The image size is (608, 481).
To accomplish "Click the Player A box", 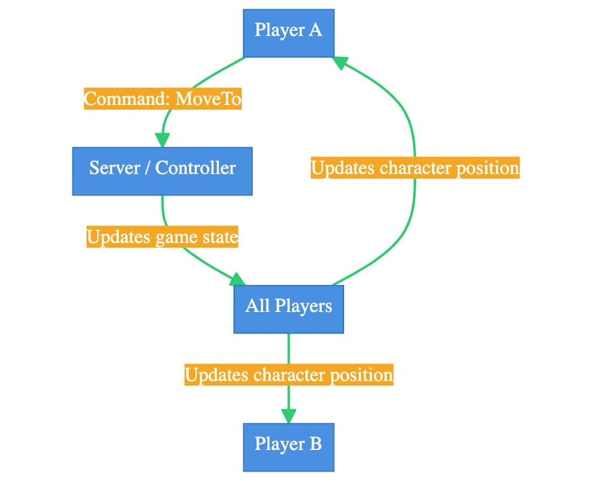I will pyautogui.click(x=288, y=33).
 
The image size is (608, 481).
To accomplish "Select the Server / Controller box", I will pyautogui.click(x=162, y=171).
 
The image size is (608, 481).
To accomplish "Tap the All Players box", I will pyautogui.click(x=288, y=309).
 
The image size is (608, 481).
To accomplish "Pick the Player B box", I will pyautogui.click(x=288, y=447).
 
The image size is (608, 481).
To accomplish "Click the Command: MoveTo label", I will pyautogui.click(x=163, y=99).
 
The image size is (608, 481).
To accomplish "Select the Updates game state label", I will pyautogui.click(x=162, y=237).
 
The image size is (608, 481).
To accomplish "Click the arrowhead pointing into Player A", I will pyautogui.click(x=341, y=62).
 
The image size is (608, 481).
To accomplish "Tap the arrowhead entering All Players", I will pyautogui.click(x=238, y=279).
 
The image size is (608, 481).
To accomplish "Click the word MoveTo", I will pyautogui.click(x=208, y=99).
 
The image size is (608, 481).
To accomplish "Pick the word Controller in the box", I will pyautogui.click(x=195, y=168).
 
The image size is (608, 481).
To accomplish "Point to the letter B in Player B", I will pyautogui.click(x=315, y=444).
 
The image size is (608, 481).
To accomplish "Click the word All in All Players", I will pyautogui.click(x=257, y=306).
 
